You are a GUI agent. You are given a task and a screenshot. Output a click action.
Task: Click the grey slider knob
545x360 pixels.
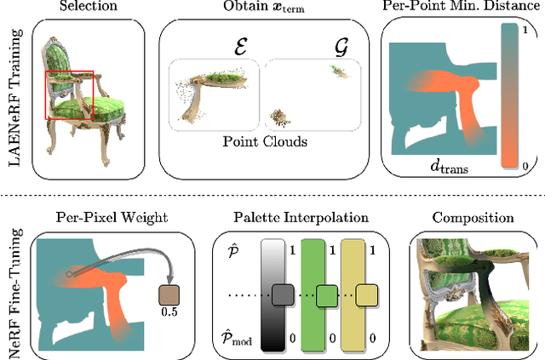pyautogui.click(x=282, y=296)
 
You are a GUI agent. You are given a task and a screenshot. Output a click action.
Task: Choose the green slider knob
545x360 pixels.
pyautogui.click(x=326, y=296)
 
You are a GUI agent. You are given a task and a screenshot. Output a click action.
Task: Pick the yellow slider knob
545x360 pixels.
pyautogui.click(x=367, y=296)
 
